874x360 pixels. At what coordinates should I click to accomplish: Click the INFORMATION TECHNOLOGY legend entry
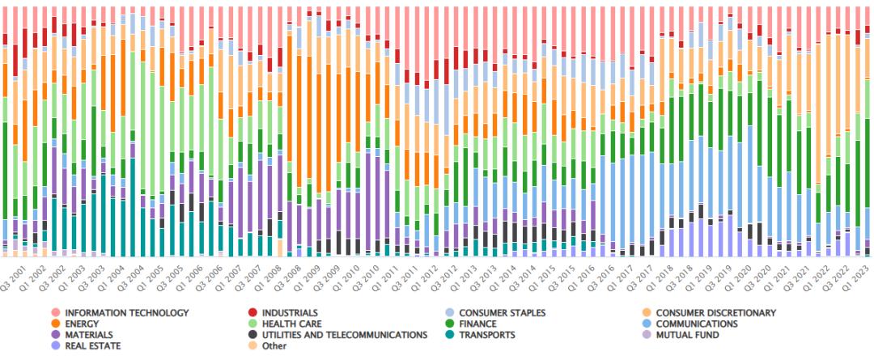126,313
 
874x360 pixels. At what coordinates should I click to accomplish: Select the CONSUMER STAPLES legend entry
503,313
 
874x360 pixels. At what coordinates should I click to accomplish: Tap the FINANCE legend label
481,324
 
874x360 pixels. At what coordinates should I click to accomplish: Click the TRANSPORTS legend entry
489,334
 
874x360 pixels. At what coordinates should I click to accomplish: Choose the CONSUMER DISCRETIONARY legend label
715,313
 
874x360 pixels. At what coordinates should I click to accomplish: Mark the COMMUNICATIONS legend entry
698,324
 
